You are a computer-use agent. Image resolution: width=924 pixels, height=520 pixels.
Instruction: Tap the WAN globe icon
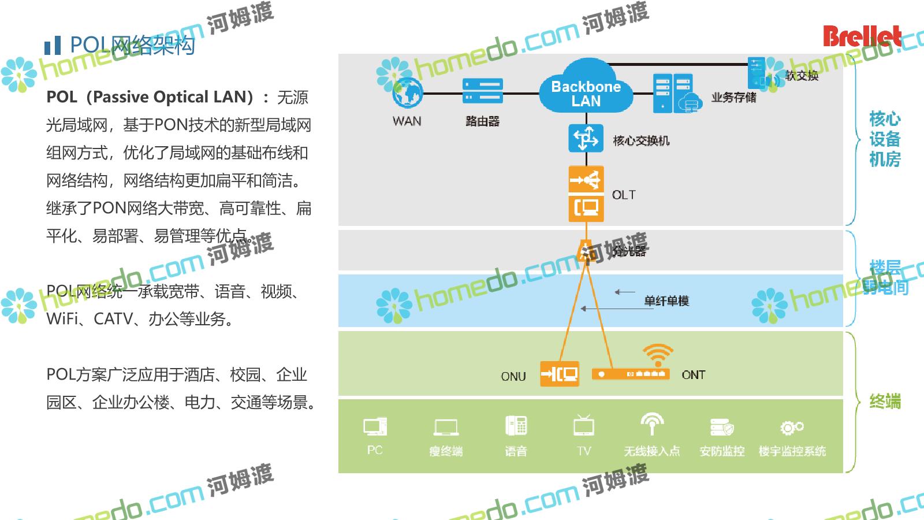click(x=408, y=92)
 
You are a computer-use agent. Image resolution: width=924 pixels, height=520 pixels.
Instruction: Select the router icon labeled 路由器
click(x=482, y=91)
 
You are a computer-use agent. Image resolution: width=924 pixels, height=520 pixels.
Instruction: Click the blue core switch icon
click(x=586, y=139)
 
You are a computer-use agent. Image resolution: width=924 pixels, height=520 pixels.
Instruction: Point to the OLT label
click(x=624, y=195)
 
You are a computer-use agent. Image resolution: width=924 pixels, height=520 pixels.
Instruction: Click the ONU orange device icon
click(x=559, y=374)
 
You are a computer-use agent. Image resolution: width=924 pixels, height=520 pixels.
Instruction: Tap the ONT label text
click(x=693, y=375)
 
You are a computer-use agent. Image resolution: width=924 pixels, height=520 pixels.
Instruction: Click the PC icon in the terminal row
click(x=375, y=427)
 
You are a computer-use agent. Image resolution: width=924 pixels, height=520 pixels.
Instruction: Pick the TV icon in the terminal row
click(x=584, y=426)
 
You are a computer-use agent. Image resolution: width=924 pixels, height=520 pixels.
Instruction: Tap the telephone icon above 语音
click(x=516, y=426)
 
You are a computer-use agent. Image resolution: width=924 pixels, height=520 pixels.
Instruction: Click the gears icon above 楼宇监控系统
click(x=792, y=428)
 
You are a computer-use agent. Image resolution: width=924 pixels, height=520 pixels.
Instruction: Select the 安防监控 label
click(x=722, y=451)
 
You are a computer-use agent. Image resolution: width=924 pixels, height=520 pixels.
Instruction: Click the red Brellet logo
click(x=862, y=36)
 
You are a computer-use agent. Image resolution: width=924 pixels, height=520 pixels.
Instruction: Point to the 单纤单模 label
click(x=666, y=301)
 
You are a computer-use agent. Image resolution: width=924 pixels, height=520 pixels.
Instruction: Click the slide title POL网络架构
click(x=132, y=45)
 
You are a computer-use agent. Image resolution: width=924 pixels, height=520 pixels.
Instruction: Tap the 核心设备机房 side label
click(x=885, y=139)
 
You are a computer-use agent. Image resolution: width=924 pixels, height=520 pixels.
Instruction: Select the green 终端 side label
click(x=885, y=402)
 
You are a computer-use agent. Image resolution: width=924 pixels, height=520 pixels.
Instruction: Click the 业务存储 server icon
click(x=673, y=93)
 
